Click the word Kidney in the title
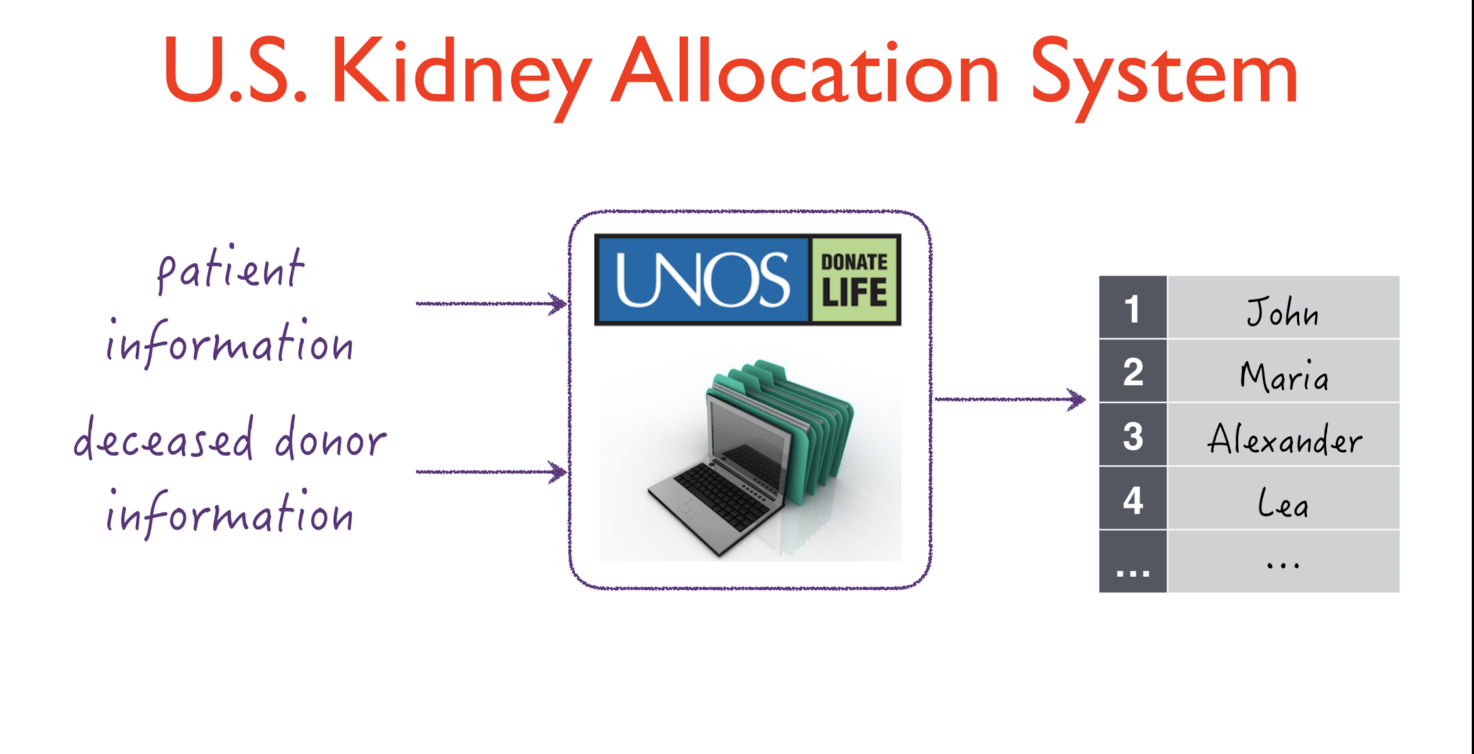(x=461, y=76)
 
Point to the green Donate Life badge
(x=854, y=280)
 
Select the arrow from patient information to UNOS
(x=492, y=304)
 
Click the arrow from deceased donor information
(x=492, y=472)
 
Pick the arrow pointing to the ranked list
(x=1010, y=399)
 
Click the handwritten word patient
(x=230, y=269)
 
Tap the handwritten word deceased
(x=164, y=438)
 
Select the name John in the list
(x=1283, y=312)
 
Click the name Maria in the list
(x=1284, y=375)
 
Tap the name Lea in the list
(x=1283, y=501)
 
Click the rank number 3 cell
(x=1133, y=435)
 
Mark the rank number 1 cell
(x=1133, y=307)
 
